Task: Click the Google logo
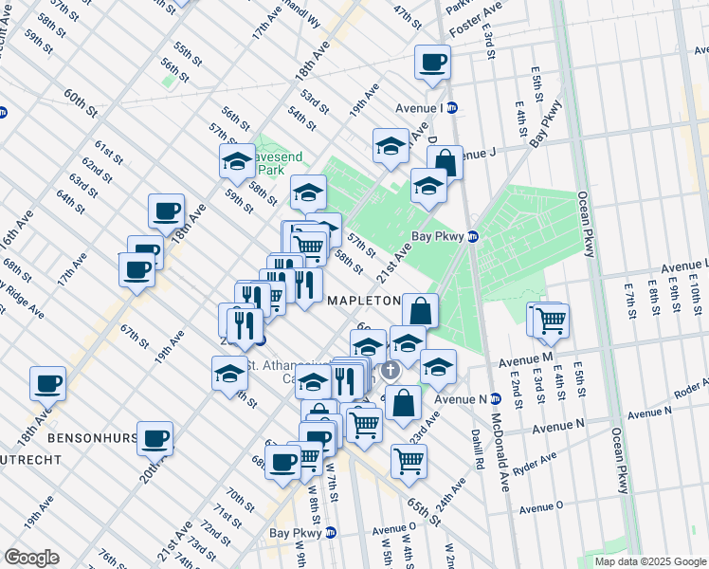[32, 558]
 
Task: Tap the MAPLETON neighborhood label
[365, 300]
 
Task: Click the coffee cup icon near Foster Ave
[432, 63]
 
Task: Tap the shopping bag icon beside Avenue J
[445, 162]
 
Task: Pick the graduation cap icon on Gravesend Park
[237, 161]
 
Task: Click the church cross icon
[390, 368]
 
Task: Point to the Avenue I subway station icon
[453, 107]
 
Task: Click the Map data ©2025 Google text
[650, 561]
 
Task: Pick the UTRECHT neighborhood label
[31, 459]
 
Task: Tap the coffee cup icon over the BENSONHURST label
[155, 437]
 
